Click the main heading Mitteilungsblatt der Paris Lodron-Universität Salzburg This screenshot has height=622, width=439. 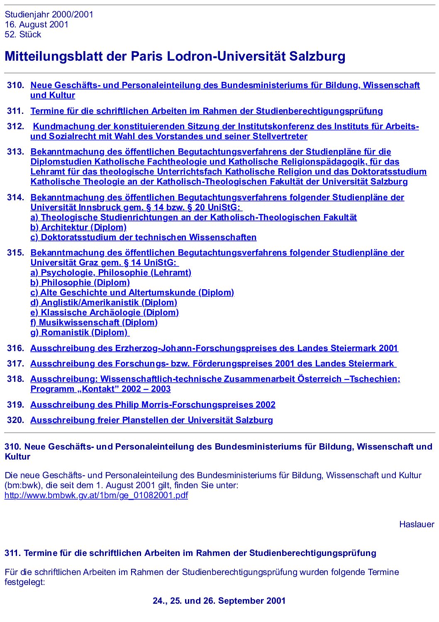175,56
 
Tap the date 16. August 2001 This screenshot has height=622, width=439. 37,25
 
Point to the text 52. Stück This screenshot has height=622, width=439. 23,34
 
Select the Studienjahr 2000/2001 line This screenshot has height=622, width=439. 49,15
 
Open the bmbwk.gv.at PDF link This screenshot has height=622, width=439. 96,495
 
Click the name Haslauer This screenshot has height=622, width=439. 417,524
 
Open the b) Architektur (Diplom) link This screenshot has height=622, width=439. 78,227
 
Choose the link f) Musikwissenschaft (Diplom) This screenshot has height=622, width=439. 94,322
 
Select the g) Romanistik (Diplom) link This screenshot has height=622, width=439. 79,332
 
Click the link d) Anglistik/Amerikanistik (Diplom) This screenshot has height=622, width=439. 104,302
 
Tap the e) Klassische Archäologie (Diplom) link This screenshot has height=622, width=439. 105,312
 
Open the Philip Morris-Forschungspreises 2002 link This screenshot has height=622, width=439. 153,405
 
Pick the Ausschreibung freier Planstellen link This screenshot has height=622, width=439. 151,420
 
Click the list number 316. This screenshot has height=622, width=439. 15,348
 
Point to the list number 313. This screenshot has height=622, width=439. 15,152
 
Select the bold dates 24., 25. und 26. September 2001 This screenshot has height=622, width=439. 219,601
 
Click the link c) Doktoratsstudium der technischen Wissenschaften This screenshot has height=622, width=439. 143,237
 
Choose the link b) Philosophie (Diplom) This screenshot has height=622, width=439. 80,283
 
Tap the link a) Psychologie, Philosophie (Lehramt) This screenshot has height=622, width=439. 111,273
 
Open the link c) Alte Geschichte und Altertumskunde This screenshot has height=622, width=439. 132,293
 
